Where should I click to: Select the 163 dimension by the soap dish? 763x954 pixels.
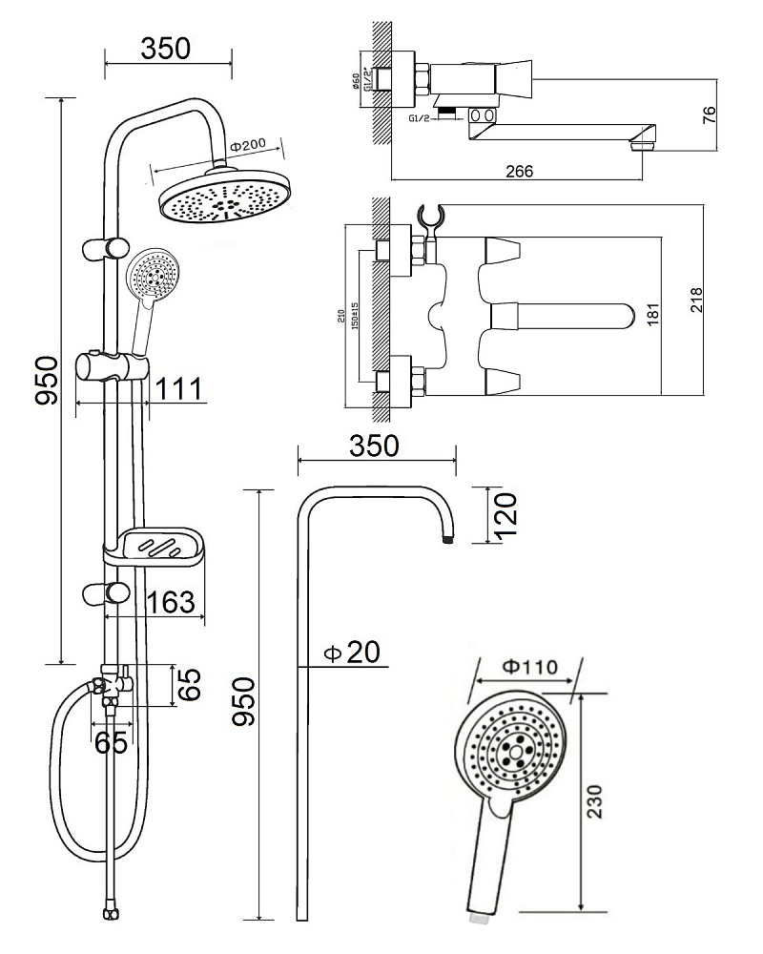click(173, 603)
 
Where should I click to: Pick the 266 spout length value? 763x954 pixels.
click(519, 171)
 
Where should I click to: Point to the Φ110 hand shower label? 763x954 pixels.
click(526, 666)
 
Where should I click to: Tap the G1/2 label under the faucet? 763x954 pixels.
click(420, 119)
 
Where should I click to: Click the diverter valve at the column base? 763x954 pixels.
click(113, 685)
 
